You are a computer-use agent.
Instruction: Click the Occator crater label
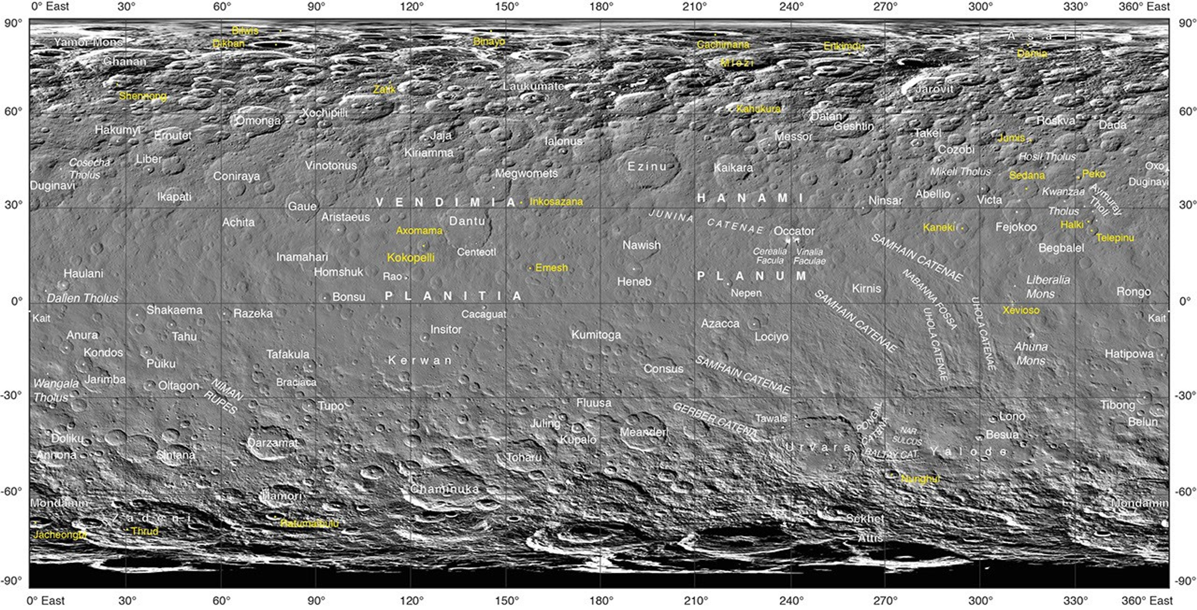794,231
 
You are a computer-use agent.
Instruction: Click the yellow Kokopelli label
411,258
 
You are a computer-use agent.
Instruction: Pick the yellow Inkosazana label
556,201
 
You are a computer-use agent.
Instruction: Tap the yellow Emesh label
551,268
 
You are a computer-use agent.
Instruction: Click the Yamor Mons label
88,42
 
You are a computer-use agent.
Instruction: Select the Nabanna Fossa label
929,300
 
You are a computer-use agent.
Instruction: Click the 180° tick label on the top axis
601,7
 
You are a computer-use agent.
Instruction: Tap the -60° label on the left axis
13,491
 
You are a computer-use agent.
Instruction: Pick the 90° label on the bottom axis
316,601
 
